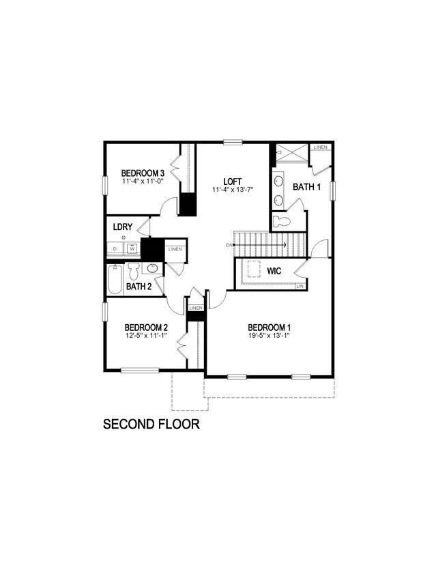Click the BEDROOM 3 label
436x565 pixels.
[143, 173]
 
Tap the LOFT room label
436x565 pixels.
[233, 181]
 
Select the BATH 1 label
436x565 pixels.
[306, 186]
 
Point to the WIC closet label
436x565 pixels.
[274, 271]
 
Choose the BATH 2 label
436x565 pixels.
[139, 287]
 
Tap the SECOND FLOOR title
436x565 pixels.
[151, 424]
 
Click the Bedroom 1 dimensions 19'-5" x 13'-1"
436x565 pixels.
[269, 335]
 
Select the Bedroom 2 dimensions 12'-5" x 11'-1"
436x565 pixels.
[146, 336]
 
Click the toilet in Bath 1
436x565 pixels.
[282, 221]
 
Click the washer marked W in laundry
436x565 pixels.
[132, 248]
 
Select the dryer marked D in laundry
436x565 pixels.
[115, 248]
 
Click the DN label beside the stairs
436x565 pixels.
[229, 244]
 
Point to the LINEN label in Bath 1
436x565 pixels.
[320, 147]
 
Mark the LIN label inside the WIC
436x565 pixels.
[299, 286]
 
